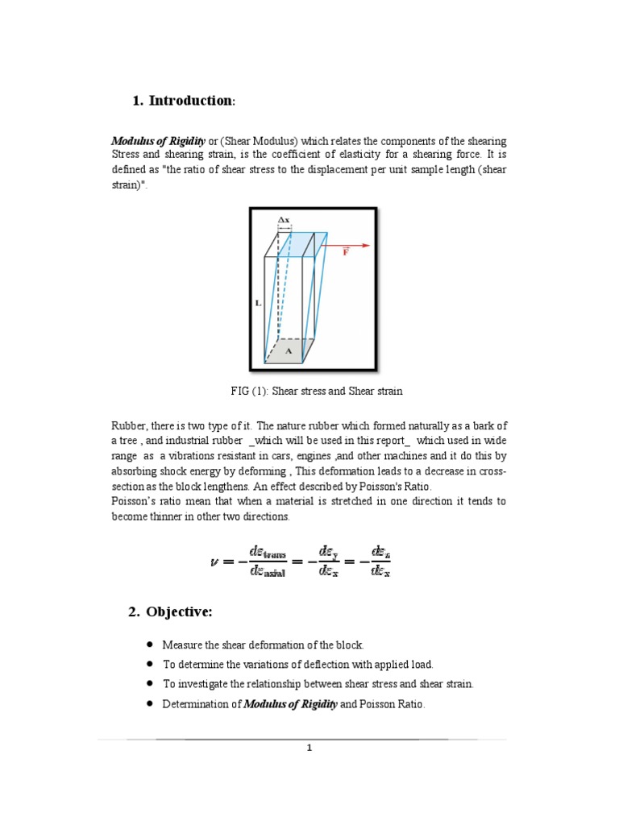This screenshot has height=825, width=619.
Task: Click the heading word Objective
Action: click(178, 612)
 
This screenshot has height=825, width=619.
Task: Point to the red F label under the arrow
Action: click(346, 253)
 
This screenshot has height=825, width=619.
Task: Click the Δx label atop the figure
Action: click(283, 219)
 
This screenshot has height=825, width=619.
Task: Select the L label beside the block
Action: click(258, 303)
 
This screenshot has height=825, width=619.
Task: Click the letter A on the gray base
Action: click(289, 350)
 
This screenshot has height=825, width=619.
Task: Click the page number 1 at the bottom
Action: click(309, 748)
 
